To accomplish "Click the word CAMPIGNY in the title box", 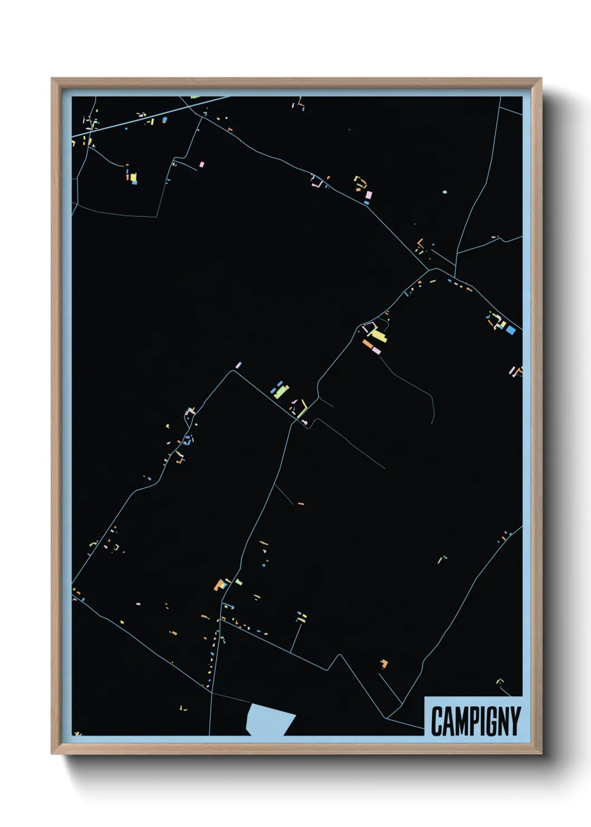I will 475,721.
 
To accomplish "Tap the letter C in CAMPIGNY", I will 437,721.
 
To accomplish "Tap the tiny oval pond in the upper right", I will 445,192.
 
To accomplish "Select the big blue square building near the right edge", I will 510,330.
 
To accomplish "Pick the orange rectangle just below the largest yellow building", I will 368,344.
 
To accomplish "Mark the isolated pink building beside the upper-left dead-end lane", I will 202,164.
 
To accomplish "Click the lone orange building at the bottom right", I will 384,663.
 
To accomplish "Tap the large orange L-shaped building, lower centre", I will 219,585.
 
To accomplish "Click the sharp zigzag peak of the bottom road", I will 339,655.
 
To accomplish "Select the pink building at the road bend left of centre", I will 239,365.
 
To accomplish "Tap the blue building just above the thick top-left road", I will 164,120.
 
